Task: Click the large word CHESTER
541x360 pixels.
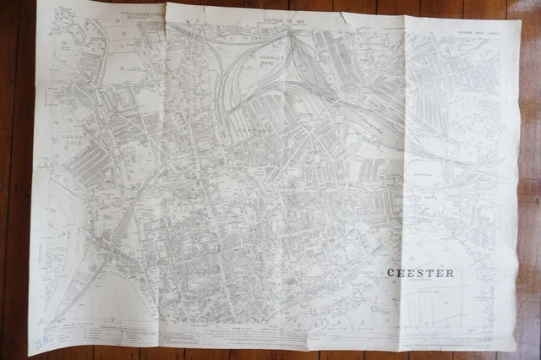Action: click(420, 273)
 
